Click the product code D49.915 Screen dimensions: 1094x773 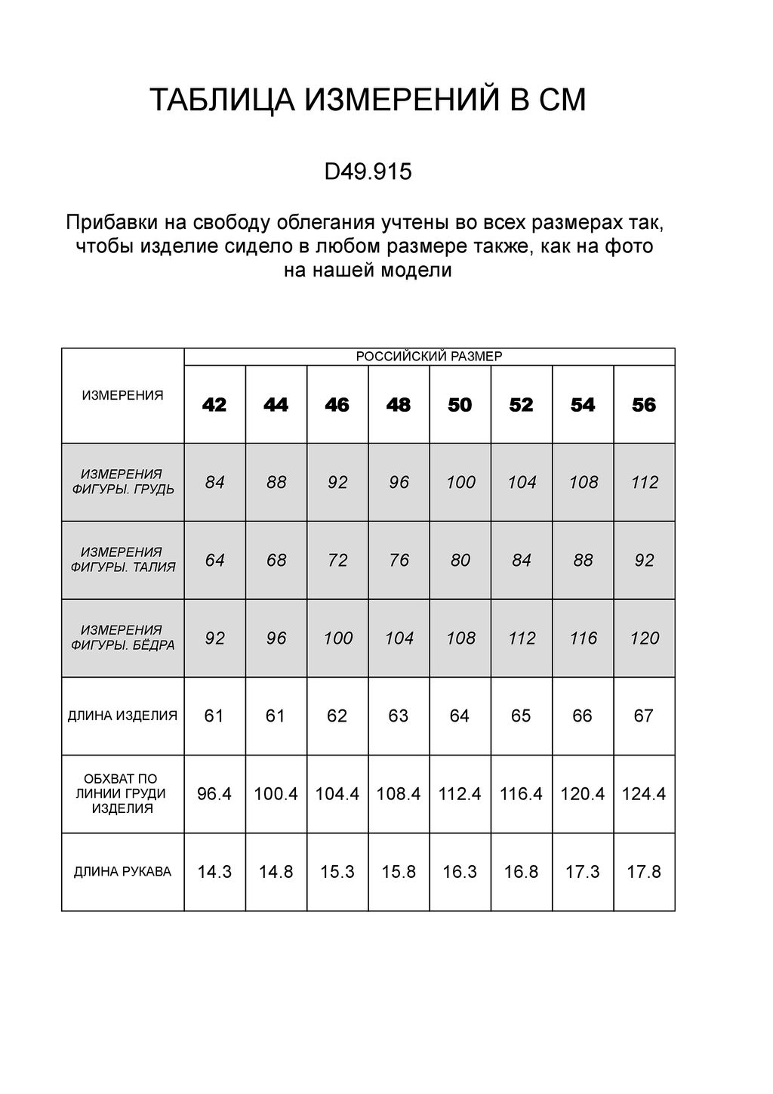368,172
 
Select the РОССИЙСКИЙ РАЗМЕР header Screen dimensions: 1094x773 429,357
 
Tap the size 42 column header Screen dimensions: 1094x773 214,406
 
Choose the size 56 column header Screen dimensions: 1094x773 644,406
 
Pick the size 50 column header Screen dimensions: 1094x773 460,406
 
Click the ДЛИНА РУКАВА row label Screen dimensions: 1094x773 122,872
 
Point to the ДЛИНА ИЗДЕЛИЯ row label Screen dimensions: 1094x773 122,715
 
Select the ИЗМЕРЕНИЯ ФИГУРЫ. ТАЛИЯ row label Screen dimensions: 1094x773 122,560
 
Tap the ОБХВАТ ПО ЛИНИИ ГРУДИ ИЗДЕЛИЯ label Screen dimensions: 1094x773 122,793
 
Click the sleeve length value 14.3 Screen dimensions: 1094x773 214,872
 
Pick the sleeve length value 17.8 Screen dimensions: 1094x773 644,872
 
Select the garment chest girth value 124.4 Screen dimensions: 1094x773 644,794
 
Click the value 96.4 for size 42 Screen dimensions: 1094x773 214,794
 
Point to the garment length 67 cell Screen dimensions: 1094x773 644,715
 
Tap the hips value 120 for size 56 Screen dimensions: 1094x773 645,638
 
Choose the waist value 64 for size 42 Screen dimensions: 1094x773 214,561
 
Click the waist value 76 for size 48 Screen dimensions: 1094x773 399,561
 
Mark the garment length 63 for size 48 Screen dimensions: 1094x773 399,715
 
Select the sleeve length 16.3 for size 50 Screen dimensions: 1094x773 460,872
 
